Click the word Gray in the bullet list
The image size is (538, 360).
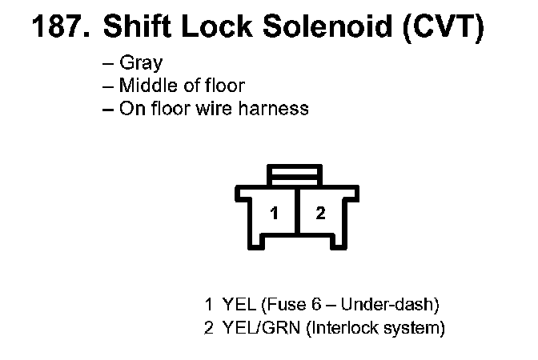[141, 62]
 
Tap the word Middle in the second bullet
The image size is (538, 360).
[147, 85]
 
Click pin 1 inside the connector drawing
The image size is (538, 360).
[274, 214]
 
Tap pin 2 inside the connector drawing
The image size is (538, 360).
[320, 214]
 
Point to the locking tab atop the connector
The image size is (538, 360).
[296, 174]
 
